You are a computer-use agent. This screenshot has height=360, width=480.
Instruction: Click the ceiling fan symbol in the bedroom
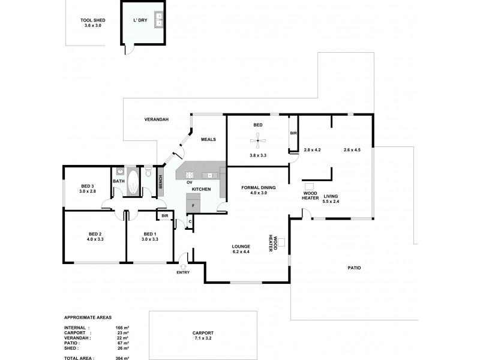(258, 142)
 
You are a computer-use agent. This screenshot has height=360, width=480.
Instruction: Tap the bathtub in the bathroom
(132, 182)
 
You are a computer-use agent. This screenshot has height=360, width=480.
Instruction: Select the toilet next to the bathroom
(148, 174)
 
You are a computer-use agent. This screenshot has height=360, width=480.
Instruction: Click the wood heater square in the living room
(310, 187)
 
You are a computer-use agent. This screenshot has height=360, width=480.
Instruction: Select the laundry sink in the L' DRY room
(159, 20)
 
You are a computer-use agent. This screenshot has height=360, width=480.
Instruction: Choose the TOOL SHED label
(93, 20)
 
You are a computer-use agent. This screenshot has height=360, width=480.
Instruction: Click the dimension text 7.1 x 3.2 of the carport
(203, 338)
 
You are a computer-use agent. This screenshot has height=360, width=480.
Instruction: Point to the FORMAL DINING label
(258, 188)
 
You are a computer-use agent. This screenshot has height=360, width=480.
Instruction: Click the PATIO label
(354, 268)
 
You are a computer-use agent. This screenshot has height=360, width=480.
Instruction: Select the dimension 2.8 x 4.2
(313, 150)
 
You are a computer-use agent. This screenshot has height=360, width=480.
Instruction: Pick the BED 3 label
(88, 186)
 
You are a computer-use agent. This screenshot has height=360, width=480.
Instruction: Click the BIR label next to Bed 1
(164, 215)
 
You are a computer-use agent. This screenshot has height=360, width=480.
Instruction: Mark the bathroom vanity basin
(119, 171)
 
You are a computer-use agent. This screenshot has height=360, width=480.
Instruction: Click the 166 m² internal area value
(120, 328)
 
